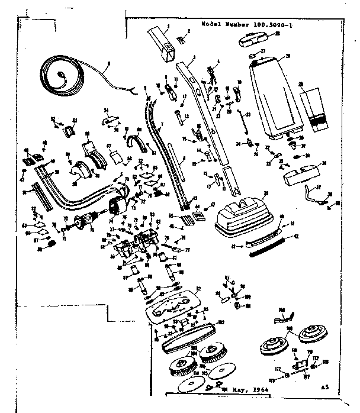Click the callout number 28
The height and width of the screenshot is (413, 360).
[288, 56]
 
